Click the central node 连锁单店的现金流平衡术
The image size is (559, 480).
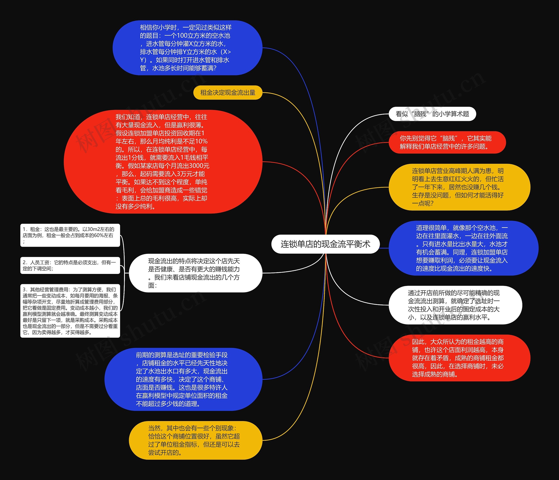pos(325,244)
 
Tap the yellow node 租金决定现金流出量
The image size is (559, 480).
pos(228,93)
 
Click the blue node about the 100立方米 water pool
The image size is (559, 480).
pos(187,48)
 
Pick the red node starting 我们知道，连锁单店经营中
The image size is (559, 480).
pos(163,162)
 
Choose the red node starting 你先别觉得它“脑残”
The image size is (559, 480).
pos(447,142)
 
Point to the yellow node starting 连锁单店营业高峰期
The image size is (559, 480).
pos(459,187)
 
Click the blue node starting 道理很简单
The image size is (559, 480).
pos(463,248)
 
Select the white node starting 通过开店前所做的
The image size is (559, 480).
pos(455,305)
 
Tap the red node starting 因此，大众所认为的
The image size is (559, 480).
pos(459,358)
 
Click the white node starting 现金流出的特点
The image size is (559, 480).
pos(195,273)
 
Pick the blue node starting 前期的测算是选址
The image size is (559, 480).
pos(183,379)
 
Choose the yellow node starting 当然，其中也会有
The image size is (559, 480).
pos(195,440)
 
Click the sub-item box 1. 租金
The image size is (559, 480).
pos(70,235)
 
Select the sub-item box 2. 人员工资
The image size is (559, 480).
pos(70,265)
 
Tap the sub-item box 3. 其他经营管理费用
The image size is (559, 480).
pos(70,311)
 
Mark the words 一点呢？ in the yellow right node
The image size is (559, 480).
pos(423,203)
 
